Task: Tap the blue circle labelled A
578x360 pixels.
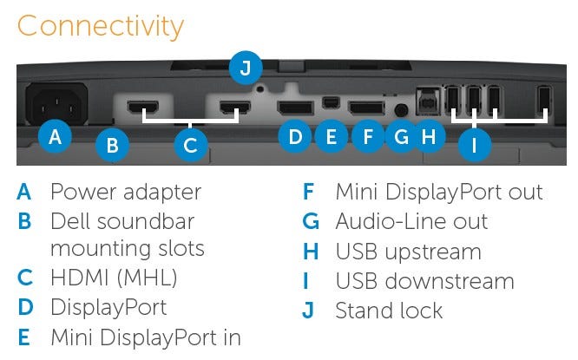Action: (x=55, y=136)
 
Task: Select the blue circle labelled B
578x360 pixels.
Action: (x=112, y=145)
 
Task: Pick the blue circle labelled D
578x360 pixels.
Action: (x=296, y=136)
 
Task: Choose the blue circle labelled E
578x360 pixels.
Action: (x=330, y=136)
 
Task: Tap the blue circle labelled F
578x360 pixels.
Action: (x=368, y=136)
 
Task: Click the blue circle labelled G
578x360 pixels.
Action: (x=400, y=136)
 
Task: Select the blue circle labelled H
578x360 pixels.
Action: (x=428, y=136)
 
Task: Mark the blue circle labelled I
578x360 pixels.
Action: (x=473, y=145)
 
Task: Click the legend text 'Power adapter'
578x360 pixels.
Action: (x=126, y=192)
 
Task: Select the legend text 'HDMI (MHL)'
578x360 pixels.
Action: (x=114, y=278)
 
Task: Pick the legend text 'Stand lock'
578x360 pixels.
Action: (x=389, y=310)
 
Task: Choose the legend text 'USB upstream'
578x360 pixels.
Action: (x=408, y=252)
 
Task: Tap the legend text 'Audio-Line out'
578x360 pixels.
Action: (x=411, y=221)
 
